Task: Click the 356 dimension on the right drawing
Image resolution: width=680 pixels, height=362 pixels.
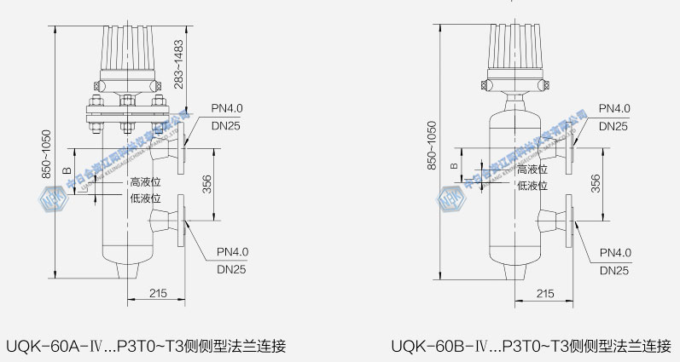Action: point(596,182)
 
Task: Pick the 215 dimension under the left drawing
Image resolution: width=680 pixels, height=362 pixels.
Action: point(156,293)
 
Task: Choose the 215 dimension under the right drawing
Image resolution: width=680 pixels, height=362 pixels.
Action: point(544,293)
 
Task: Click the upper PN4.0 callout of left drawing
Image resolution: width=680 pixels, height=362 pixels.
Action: point(228,108)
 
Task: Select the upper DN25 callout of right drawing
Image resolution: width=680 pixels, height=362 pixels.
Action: point(614,126)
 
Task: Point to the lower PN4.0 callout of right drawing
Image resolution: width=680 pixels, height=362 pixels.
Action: point(614,253)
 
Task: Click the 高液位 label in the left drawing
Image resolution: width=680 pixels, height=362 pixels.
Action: point(145,182)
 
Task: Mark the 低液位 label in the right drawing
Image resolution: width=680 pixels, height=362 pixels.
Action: point(532,185)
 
